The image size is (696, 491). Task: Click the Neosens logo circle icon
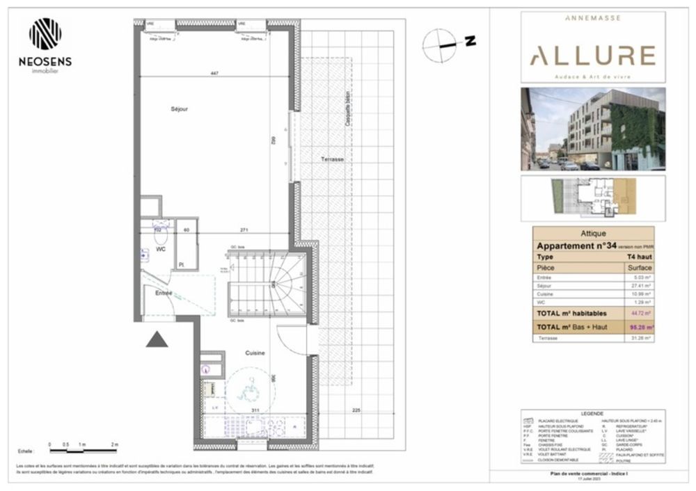(45, 33)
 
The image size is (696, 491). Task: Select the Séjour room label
(180, 109)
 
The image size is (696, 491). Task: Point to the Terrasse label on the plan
(333, 159)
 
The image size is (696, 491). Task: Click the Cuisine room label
(254, 353)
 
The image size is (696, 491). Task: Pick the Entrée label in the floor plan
(164, 293)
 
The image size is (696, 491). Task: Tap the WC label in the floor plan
(160, 249)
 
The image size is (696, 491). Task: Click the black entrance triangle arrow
(157, 339)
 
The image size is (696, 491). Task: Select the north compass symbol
(440, 43)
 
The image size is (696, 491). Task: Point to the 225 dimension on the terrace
(356, 409)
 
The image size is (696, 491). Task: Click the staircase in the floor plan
(268, 285)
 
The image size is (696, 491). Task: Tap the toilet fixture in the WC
(159, 233)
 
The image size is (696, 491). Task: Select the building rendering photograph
(592, 129)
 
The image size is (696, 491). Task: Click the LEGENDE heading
(593, 413)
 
